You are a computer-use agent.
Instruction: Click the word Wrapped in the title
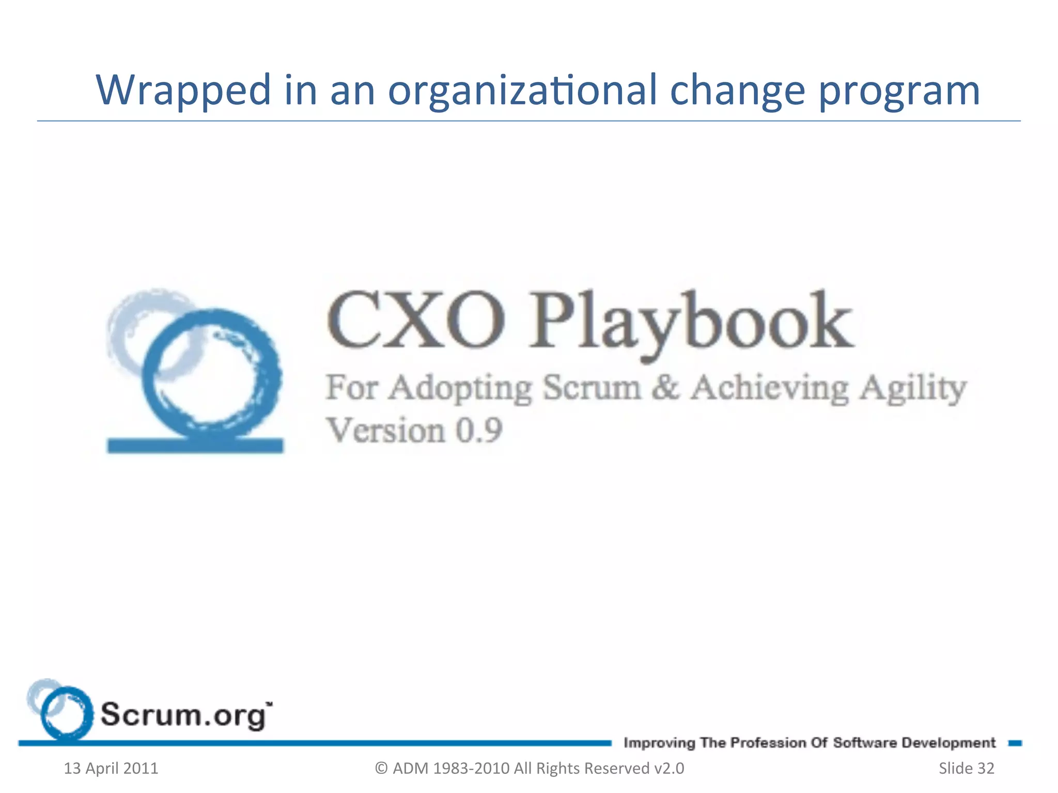click(x=183, y=90)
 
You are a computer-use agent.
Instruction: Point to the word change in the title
click(x=737, y=90)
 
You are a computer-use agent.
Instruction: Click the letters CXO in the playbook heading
click(x=415, y=320)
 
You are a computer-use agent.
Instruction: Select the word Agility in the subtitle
click(x=912, y=388)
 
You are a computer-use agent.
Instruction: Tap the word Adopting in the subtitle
click(x=460, y=388)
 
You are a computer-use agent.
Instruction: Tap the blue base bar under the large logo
click(x=195, y=445)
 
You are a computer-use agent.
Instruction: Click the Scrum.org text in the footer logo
click(x=183, y=715)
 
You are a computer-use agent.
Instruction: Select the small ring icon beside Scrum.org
click(x=65, y=712)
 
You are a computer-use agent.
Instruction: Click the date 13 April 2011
click(x=111, y=768)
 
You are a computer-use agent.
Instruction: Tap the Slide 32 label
click(x=966, y=768)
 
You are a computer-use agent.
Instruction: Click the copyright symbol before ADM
click(x=381, y=768)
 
